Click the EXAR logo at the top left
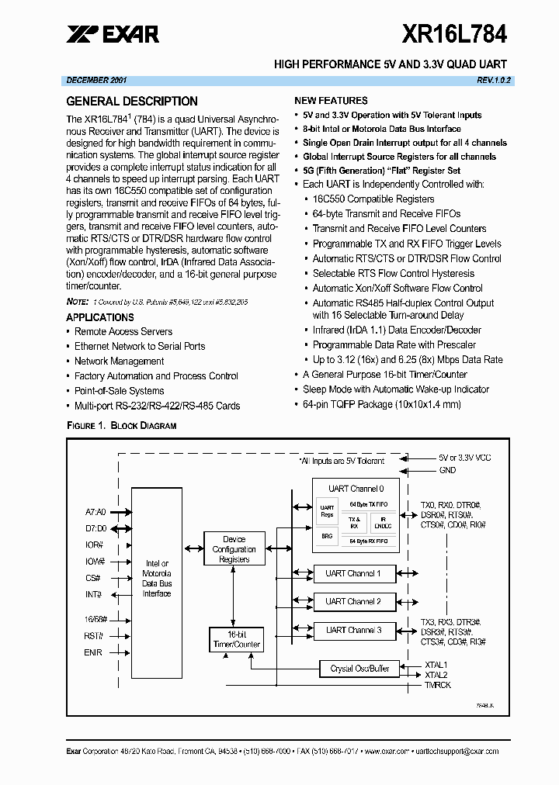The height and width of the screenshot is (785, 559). (x=113, y=33)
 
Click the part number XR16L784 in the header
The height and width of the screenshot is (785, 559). (x=454, y=33)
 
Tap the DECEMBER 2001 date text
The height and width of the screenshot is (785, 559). (x=97, y=80)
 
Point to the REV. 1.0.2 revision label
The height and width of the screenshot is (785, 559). (x=494, y=80)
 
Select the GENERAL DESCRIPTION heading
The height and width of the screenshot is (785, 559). (x=132, y=101)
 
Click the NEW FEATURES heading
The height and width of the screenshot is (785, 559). (x=331, y=101)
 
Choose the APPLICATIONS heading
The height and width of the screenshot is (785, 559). (x=100, y=317)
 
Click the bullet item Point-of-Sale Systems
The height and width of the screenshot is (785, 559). (x=119, y=391)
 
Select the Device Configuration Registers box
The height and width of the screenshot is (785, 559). (x=234, y=548)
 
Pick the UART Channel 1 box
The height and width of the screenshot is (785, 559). (x=353, y=574)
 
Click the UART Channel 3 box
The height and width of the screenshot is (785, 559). (x=353, y=630)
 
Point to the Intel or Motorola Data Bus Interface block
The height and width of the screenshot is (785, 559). (x=157, y=578)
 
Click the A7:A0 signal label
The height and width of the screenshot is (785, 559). (x=95, y=512)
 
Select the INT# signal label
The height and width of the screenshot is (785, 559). (x=94, y=594)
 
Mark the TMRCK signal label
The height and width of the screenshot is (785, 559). (x=437, y=686)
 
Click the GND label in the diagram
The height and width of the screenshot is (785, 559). (x=448, y=470)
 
